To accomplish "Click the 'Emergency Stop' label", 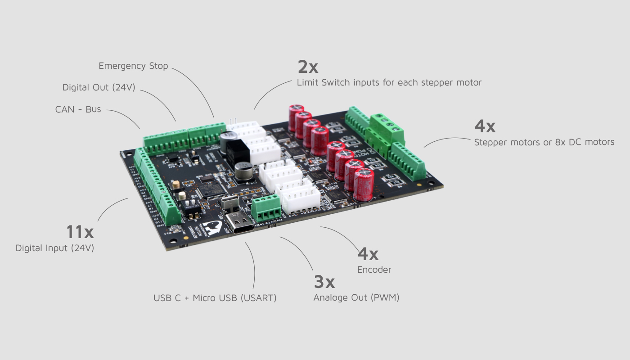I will click(133, 66).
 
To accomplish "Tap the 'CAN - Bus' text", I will click(78, 109).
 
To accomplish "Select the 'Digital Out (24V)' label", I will click(99, 87).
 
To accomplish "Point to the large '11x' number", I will click(80, 232).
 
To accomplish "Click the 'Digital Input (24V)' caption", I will click(55, 248).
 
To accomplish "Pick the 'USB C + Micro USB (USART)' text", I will click(215, 298).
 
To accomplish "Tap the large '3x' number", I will click(324, 282).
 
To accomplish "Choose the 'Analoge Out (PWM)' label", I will click(356, 297).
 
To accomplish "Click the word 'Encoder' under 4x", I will click(374, 270).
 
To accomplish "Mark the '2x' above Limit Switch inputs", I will click(308, 67).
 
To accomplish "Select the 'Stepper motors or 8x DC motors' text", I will click(544, 142).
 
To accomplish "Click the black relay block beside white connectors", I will click(237, 153).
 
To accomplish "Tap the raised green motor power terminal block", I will click(387, 126).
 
